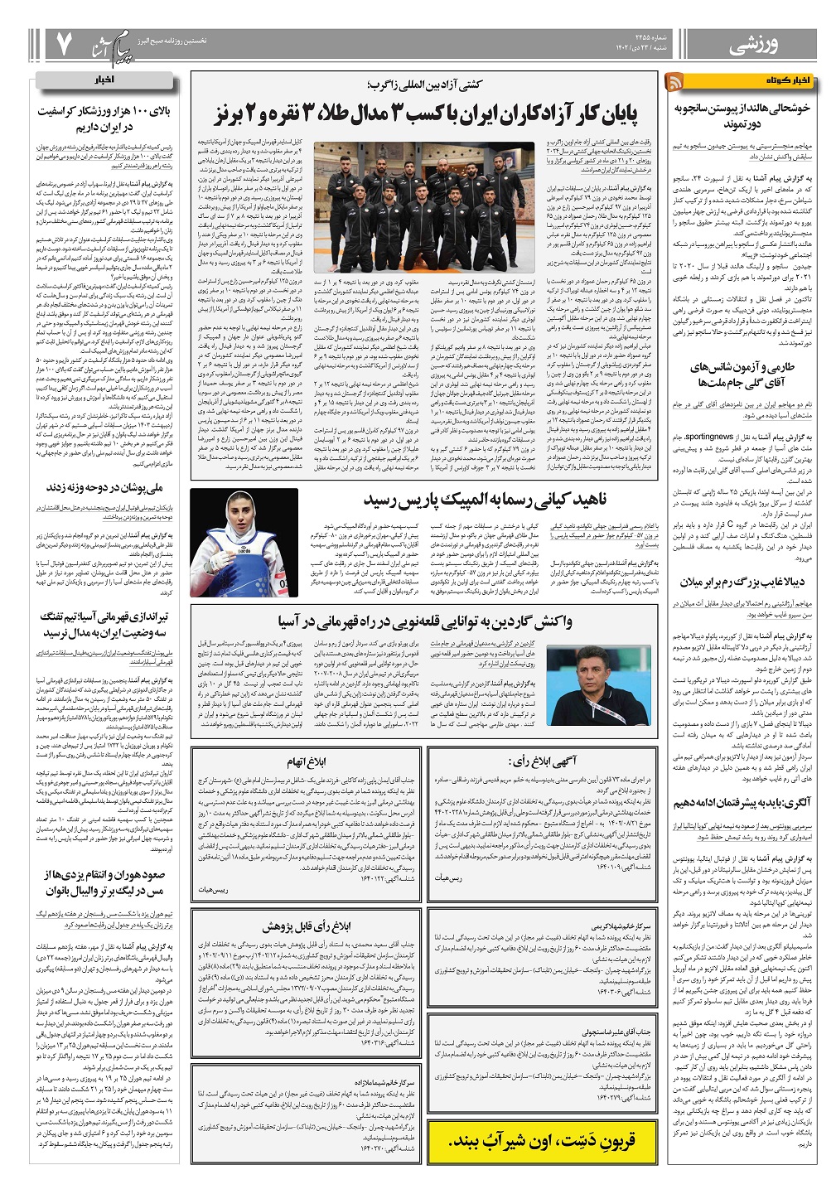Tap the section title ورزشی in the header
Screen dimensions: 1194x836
click(x=754, y=46)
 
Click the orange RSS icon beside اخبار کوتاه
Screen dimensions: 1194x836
click(x=675, y=81)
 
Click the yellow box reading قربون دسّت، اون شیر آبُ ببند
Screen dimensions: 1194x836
click(x=543, y=1140)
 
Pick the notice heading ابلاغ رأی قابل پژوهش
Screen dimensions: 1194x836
click(x=307, y=925)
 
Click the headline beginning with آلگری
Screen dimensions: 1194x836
click(x=742, y=803)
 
